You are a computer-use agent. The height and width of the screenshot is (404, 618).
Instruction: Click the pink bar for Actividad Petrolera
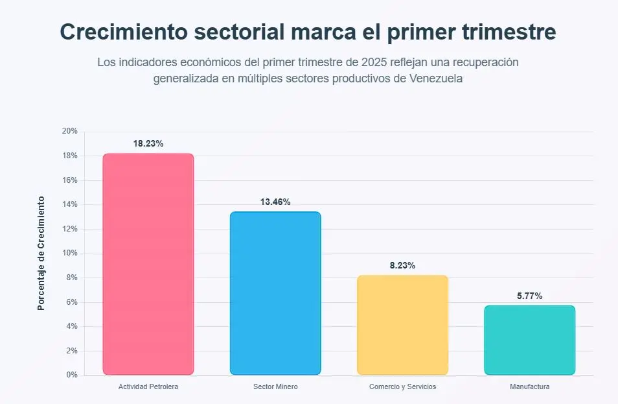coord(148,264)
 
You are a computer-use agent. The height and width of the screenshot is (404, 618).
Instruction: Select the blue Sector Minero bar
coord(275,293)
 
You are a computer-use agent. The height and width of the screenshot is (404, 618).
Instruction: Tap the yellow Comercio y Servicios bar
coord(402,325)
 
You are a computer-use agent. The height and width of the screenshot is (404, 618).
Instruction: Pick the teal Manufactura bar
coord(529,340)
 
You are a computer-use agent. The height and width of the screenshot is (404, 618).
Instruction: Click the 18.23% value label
coord(148,144)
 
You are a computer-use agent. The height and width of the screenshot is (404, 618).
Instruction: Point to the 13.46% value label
coord(275,202)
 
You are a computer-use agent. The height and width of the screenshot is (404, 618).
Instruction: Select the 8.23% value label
coord(402,266)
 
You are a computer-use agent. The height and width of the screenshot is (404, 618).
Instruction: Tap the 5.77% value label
coord(529,296)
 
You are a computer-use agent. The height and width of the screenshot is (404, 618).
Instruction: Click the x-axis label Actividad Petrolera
coord(148,386)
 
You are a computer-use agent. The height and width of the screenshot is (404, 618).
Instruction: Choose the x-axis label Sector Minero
coord(275,386)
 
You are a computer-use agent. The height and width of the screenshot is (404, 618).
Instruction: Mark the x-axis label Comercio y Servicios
coord(402,386)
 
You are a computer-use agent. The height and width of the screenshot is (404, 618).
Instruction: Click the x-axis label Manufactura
coord(529,386)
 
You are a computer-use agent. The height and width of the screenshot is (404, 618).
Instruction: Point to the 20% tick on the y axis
coord(69,131)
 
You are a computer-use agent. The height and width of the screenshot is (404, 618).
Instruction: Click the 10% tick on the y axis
coord(69,253)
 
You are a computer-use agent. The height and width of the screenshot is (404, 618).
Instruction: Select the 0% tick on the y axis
coord(71,375)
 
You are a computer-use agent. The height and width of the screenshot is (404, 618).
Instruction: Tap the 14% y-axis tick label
coord(69,204)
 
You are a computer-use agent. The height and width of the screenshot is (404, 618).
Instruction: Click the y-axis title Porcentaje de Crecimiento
coord(41,253)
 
